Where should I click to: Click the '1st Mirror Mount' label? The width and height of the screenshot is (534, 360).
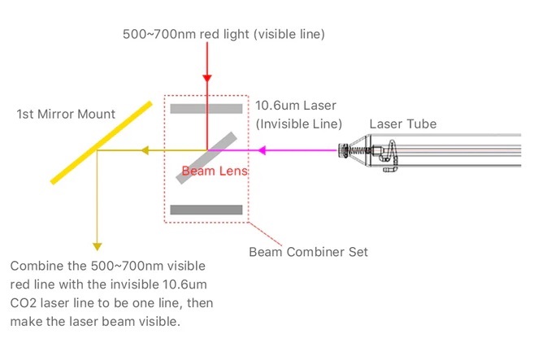[66, 114]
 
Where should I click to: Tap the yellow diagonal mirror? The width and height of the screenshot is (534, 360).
[101, 142]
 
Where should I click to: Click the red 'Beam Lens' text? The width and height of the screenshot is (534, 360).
[215, 171]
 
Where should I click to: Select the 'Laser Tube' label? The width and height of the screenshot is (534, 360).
[402, 124]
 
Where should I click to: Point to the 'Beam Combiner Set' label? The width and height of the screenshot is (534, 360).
[308, 251]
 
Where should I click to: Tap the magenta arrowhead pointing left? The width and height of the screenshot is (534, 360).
[263, 150]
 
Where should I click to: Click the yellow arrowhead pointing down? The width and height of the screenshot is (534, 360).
[98, 245]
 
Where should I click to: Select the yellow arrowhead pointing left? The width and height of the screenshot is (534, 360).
[145, 150]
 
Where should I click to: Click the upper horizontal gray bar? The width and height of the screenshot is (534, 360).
[206, 108]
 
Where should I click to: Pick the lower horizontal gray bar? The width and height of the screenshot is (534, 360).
[206, 210]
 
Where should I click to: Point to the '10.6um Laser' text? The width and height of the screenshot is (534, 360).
[295, 106]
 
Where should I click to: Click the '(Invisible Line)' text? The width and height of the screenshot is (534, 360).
[298, 124]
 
